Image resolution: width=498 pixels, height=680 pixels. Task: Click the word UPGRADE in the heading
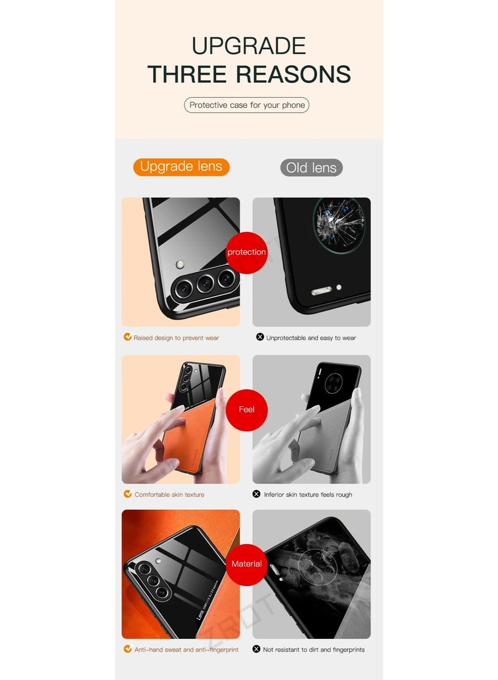(x=248, y=46)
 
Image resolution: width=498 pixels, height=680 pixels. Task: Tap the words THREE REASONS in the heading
(x=249, y=74)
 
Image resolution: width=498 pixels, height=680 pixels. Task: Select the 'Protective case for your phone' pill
(x=247, y=105)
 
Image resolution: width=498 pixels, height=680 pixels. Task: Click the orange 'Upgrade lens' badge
(x=181, y=166)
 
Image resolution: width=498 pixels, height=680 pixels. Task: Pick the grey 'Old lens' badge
(x=311, y=168)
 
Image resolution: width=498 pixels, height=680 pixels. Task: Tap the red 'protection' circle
(x=247, y=252)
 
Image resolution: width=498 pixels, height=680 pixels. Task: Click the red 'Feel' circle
(x=247, y=409)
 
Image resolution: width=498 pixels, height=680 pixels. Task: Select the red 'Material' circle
(x=247, y=564)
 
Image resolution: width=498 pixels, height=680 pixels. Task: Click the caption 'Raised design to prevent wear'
(x=176, y=338)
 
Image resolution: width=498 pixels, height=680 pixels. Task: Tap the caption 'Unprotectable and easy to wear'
(x=311, y=338)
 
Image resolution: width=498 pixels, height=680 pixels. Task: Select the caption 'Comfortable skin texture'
(x=169, y=494)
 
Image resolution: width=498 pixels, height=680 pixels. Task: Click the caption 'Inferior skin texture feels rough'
(x=308, y=494)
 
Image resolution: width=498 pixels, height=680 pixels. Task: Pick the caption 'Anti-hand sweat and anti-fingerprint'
(x=186, y=649)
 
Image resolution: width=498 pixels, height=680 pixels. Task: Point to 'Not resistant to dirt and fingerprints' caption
(x=314, y=649)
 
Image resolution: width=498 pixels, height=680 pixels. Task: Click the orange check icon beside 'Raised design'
(x=128, y=337)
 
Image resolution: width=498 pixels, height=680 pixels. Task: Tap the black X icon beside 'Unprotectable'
(x=260, y=337)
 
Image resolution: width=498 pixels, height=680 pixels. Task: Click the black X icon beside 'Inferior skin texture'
(x=256, y=494)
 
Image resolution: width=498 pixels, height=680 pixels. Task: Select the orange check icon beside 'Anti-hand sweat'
(x=128, y=649)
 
